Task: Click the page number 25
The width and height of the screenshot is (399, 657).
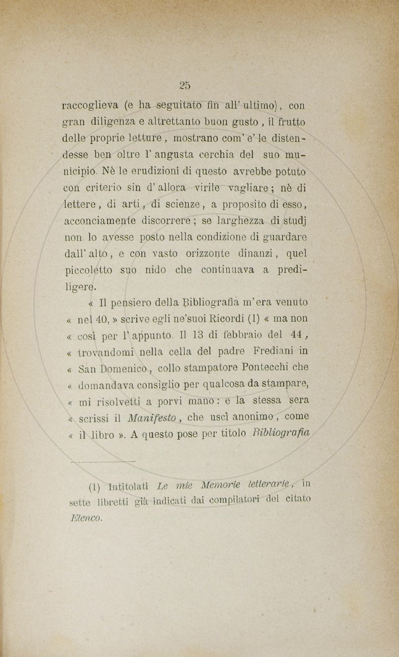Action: pos(184,85)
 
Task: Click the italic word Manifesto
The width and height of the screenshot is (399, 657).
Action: pos(151,417)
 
